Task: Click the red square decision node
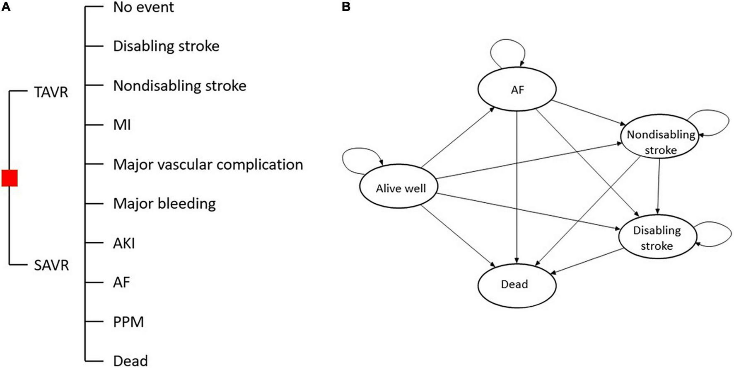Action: click(9, 178)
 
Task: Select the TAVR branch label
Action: click(51, 92)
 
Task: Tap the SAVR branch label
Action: click(51, 265)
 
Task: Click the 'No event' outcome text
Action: click(143, 7)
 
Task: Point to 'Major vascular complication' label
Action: click(208, 164)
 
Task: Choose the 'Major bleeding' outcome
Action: click(164, 203)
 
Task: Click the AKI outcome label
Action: click(124, 243)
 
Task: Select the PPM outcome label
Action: click(128, 322)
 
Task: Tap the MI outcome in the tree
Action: click(122, 124)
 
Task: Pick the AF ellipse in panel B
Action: click(517, 89)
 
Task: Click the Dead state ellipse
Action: click(517, 285)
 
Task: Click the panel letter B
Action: click(346, 7)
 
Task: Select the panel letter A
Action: click(6, 7)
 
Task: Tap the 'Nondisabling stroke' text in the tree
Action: click(179, 85)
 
